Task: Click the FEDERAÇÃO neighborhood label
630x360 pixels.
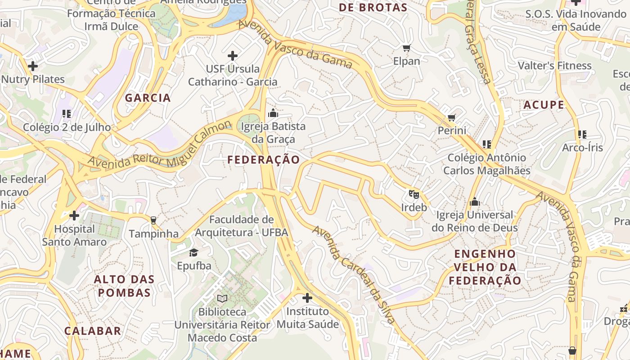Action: pyautogui.click(x=263, y=160)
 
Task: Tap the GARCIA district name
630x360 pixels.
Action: pyautogui.click(x=148, y=98)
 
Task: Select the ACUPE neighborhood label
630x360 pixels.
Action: pyautogui.click(x=544, y=105)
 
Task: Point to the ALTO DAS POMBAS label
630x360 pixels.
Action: pyautogui.click(x=124, y=286)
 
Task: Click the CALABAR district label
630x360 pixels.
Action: pyautogui.click(x=93, y=331)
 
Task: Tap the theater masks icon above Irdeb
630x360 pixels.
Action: pyautogui.click(x=414, y=194)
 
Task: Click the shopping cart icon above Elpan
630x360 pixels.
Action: pyautogui.click(x=406, y=48)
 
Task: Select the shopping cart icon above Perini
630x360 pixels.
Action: pyautogui.click(x=451, y=118)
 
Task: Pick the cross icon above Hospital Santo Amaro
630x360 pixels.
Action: pyautogui.click(x=74, y=216)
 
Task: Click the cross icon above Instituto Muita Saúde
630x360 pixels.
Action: pyautogui.click(x=307, y=298)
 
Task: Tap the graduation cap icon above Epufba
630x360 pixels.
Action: pyautogui.click(x=194, y=252)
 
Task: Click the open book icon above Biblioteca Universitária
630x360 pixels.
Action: pyautogui.click(x=222, y=298)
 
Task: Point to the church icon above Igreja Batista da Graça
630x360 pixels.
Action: pyautogui.click(x=273, y=113)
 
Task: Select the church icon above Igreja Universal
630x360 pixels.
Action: pyautogui.click(x=474, y=202)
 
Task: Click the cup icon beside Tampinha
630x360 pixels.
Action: pyautogui.click(x=153, y=220)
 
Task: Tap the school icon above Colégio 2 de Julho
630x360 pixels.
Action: pyautogui.click(x=67, y=114)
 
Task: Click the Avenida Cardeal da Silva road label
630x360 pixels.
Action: pyautogui.click(x=354, y=274)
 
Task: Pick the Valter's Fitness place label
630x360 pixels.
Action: pyautogui.click(x=554, y=66)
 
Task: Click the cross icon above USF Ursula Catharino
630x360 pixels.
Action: pyautogui.click(x=233, y=56)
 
